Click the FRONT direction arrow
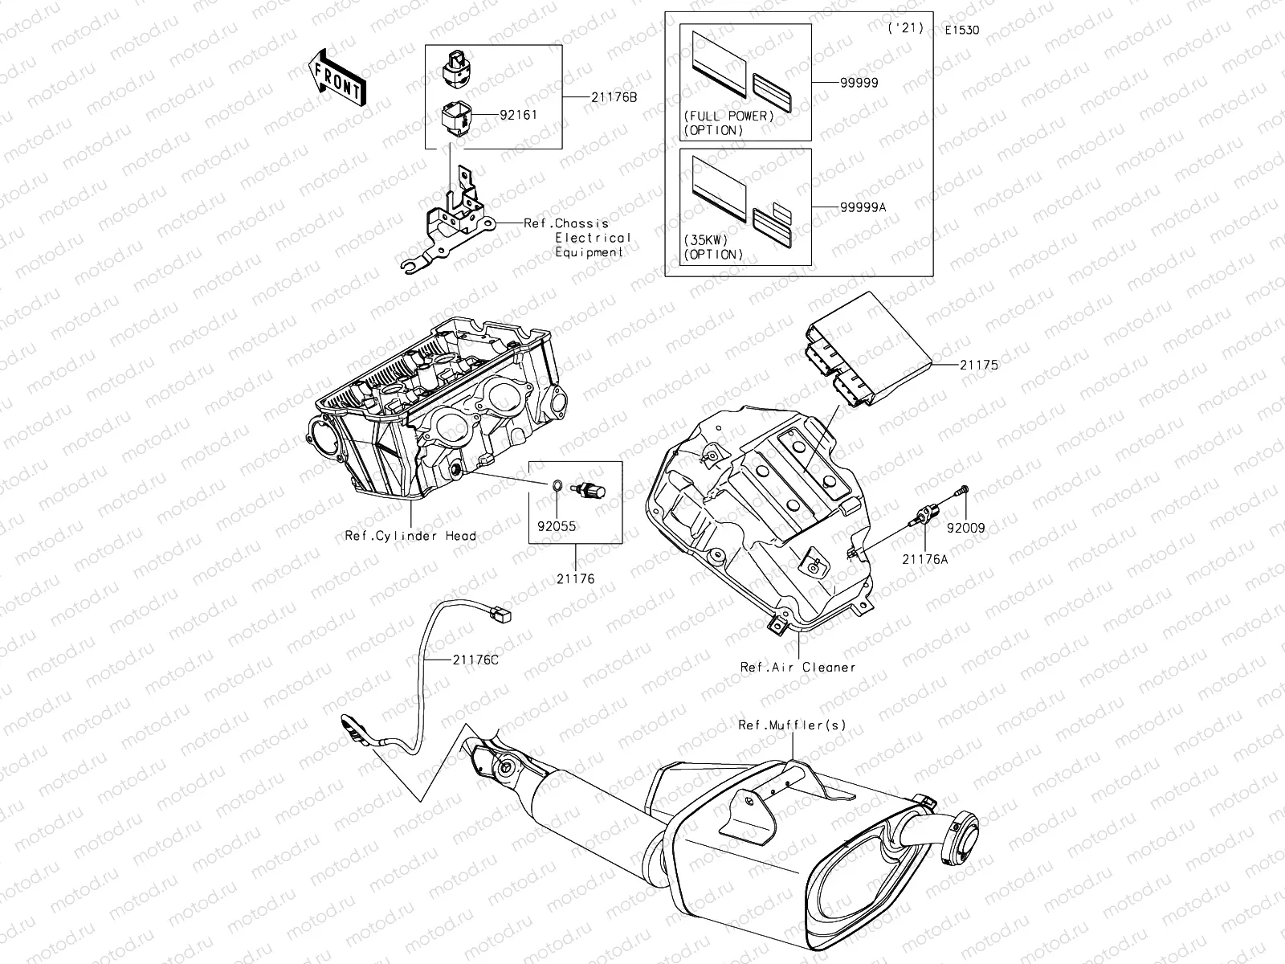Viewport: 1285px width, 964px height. (336, 77)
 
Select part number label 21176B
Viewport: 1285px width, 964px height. (614, 97)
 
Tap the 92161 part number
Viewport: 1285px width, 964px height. (518, 115)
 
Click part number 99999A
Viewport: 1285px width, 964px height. (863, 206)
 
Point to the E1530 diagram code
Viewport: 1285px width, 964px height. (961, 31)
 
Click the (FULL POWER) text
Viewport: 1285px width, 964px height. (729, 116)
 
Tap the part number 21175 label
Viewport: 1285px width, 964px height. (978, 364)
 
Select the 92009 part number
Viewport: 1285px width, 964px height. (965, 529)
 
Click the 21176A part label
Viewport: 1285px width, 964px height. (924, 559)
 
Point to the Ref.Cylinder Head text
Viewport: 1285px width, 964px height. (410, 536)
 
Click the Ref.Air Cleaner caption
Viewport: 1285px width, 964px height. (798, 667)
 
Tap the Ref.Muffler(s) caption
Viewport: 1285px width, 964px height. (792, 725)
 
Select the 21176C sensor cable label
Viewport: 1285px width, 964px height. (475, 660)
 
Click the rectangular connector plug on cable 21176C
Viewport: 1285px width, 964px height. (503, 615)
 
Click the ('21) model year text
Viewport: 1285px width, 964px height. (906, 28)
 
